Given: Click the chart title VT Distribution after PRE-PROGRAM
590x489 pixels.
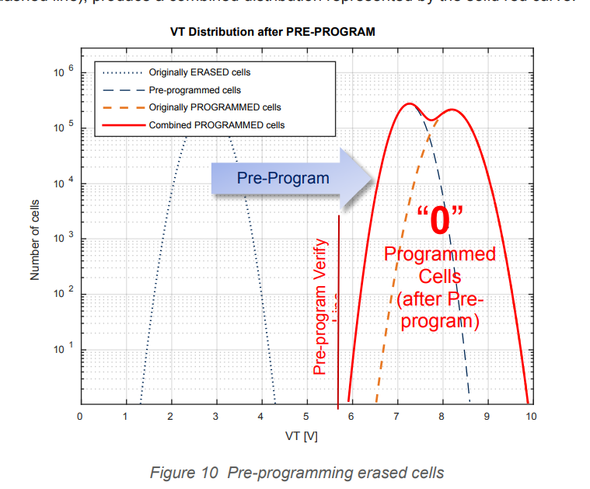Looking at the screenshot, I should point(272,33).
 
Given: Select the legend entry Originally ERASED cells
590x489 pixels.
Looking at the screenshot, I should point(200,72).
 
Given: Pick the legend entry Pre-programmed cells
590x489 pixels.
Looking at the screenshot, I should point(194,90).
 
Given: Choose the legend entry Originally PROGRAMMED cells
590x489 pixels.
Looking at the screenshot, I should point(215,107).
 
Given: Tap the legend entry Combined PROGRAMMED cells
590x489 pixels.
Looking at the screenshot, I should point(217,124).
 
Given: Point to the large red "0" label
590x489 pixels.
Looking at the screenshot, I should point(439,220).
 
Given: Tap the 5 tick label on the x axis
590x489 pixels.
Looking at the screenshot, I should point(306,417).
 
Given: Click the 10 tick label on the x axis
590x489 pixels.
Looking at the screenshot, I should point(531,417).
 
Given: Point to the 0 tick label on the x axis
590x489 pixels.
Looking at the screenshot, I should point(80,417).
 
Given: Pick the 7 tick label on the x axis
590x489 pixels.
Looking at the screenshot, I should point(396,417).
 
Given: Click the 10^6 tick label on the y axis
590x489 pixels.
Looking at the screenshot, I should point(62,72).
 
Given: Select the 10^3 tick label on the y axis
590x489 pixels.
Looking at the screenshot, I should point(62,239).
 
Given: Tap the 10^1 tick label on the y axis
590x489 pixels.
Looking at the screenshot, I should point(62,351).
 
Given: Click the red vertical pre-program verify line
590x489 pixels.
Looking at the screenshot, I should point(339,311).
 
